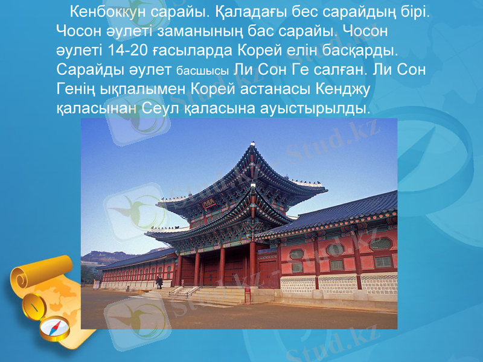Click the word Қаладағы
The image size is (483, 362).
231,11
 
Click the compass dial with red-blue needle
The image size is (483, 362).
55,329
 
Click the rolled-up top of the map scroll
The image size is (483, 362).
27,278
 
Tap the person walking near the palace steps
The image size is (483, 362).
159,282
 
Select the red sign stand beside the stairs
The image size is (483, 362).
248,295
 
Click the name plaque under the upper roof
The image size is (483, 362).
209,205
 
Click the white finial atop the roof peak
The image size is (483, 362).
253,144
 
